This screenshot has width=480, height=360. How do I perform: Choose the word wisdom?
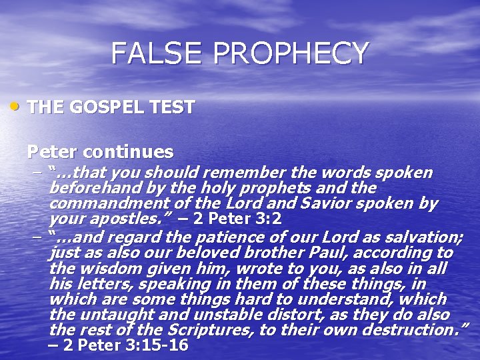[x=100, y=268]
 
